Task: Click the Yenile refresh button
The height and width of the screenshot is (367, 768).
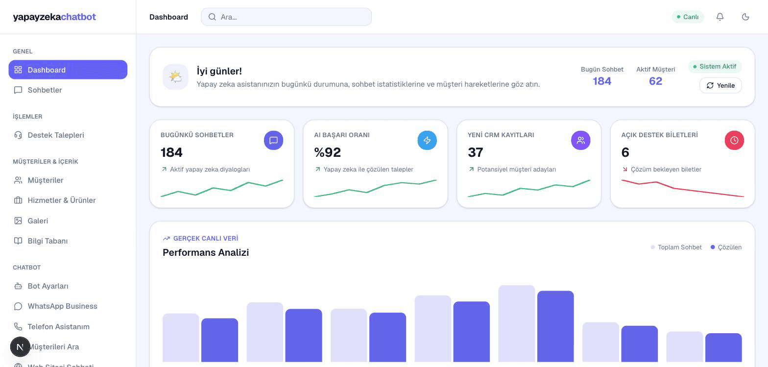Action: click(720, 85)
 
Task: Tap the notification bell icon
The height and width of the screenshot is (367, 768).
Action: click(720, 17)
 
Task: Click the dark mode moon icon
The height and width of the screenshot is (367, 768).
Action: click(745, 17)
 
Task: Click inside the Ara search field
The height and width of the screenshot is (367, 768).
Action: click(286, 17)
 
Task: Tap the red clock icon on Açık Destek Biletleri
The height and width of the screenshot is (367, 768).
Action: click(734, 140)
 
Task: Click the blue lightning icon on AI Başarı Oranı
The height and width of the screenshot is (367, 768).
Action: click(427, 140)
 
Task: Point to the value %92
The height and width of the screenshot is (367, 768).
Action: click(327, 152)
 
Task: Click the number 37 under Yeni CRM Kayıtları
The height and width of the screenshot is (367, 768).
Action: click(476, 152)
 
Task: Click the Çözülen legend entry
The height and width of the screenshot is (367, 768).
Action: click(726, 247)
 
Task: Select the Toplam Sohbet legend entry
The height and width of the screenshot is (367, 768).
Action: click(676, 247)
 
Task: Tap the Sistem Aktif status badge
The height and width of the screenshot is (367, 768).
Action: click(715, 67)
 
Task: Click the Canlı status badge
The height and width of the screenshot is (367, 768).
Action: click(688, 17)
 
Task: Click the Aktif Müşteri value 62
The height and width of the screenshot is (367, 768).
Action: click(655, 81)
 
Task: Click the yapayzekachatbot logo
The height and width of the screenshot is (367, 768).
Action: click(54, 17)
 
